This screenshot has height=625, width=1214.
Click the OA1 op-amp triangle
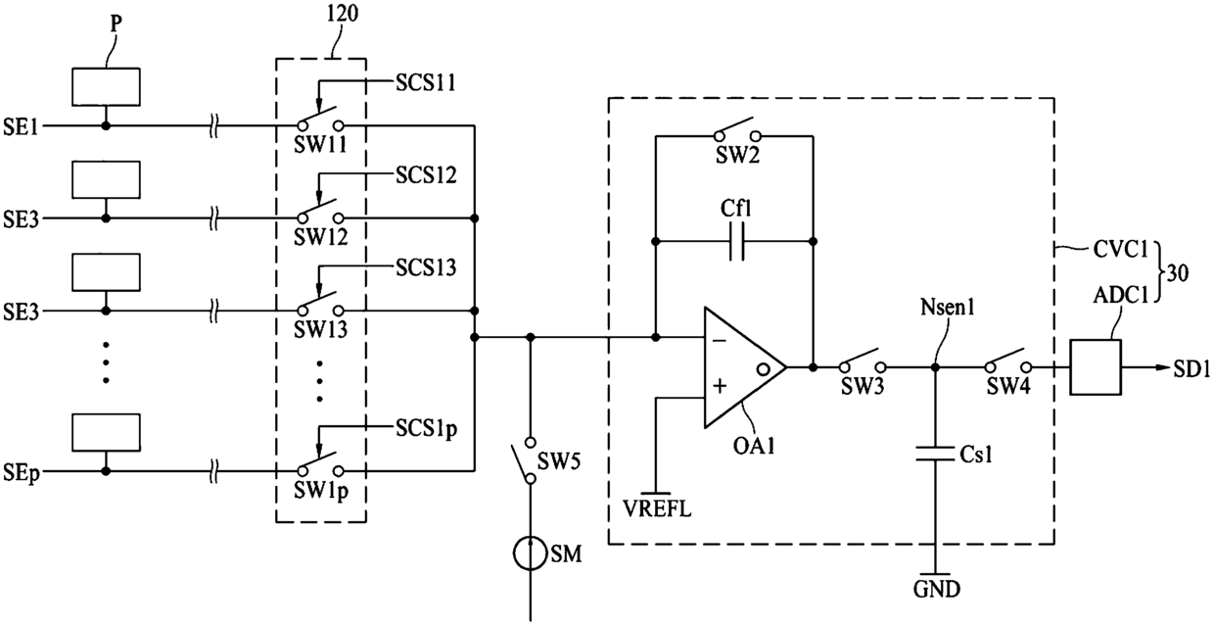click(x=744, y=367)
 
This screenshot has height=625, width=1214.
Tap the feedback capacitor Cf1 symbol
click(x=736, y=242)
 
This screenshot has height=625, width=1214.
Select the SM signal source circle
click(x=530, y=553)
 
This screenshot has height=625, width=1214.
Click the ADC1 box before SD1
click(x=1096, y=367)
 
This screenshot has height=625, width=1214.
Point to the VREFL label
click(x=657, y=509)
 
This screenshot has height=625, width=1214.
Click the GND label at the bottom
click(x=937, y=589)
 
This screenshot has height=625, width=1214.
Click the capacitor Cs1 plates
click(x=935, y=454)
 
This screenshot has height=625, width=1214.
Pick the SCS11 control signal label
click(x=426, y=83)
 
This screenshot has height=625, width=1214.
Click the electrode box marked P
click(x=106, y=87)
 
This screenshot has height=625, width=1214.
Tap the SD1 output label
click(x=1191, y=369)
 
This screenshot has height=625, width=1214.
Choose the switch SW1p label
click(x=321, y=491)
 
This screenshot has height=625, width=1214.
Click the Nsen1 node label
click(x=948, y=308)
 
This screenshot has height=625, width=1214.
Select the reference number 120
click(x=342, y=14)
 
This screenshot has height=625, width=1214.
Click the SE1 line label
click(x=21, y=127)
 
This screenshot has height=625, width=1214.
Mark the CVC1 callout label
click(x=1121, y=250)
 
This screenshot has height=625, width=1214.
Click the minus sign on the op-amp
click(x=720, y=340)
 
